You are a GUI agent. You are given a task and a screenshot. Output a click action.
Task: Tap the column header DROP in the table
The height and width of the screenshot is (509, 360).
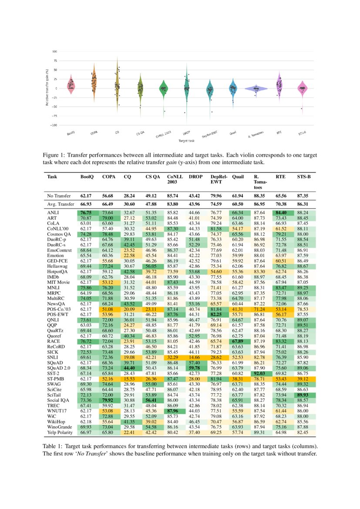(195, 177)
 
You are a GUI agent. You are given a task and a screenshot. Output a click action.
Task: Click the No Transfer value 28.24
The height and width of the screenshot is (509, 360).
(129, 196)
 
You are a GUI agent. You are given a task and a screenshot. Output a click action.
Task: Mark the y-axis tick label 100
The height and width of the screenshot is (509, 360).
(55, 51)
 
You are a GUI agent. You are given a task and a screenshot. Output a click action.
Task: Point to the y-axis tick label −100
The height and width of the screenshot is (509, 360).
(54, 125)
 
